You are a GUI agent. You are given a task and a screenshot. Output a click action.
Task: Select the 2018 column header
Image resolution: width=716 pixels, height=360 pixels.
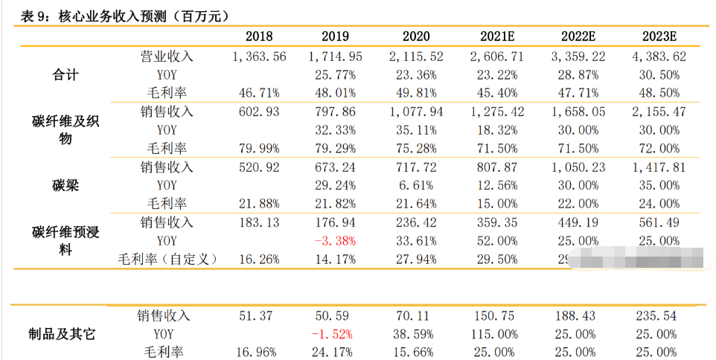(x=259, y=36)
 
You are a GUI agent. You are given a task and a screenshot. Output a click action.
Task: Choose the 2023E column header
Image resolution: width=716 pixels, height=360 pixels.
(x=658, y=36)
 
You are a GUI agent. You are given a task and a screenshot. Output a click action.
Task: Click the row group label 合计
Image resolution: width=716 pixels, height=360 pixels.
(x=65, y=74)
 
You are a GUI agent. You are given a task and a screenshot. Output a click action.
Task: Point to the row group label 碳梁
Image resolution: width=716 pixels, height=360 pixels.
(x=65, y=185)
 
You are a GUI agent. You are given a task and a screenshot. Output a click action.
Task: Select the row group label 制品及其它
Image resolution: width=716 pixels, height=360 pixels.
(x=65, y=334)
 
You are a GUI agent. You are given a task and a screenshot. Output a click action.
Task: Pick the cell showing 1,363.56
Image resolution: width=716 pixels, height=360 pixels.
(x=259, y=57)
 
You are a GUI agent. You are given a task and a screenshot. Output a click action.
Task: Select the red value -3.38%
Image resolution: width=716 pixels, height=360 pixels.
(x=334, y=241)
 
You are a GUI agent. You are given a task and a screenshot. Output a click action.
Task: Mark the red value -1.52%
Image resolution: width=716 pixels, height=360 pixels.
(x=334, y=334)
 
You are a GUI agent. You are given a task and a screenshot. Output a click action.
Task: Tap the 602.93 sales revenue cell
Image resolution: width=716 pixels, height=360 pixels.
(x=259, y=112)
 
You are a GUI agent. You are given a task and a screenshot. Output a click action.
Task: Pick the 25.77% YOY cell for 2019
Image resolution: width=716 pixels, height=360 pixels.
(x=334, y=74)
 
